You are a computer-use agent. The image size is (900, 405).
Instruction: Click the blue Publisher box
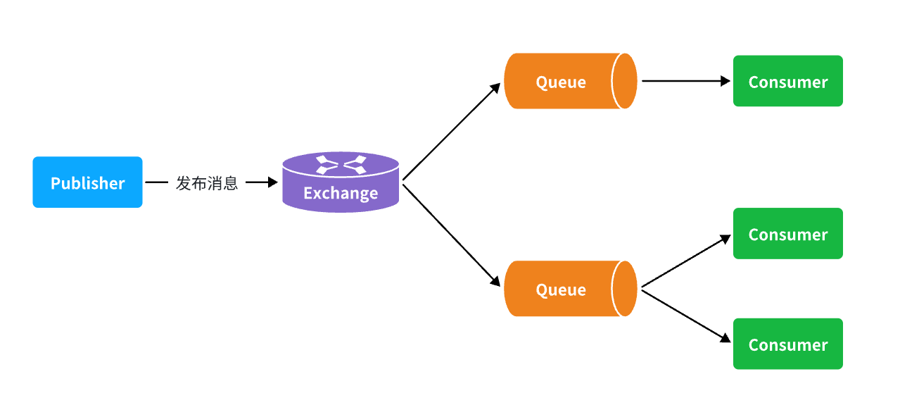click(x=87, y=182)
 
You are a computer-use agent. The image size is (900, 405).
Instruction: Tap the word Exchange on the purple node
click(x=341, y=194)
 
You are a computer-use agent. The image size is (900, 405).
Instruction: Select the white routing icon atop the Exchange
click(x=341, y=165)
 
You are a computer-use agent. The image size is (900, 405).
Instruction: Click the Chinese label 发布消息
click(x=207, y=183)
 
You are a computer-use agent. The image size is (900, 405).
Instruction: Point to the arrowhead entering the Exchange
click(x=273, y=182)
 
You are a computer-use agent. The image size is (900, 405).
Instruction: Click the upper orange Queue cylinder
click(x=571, y=81)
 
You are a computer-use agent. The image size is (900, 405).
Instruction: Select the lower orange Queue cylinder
click(x=571, y=288)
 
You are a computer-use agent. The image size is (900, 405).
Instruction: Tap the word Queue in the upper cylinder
click(x=561, y=82)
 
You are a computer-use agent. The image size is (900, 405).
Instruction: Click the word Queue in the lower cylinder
click(x=561, y=290)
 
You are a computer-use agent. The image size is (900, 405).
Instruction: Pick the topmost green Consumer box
click(x=788, y=81)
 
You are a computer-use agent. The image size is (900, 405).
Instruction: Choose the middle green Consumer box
click(x=788, y=233)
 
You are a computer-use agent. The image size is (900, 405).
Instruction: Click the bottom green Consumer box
click(x=788, y=344)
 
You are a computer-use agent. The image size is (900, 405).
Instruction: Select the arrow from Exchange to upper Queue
click(x=452, y=131)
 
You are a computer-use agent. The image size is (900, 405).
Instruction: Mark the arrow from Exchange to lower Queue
click(x=452, y=236)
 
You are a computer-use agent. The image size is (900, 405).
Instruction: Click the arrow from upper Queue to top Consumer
click(x=686, y=81)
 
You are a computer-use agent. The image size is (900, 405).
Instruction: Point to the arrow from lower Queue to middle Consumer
click(x=686, y=261)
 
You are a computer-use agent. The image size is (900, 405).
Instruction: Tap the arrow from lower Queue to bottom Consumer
click(x=686, y=316)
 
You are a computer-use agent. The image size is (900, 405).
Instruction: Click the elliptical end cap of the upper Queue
click(x=624, y=81)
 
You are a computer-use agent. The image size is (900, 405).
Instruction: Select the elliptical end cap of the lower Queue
click(x=624, y=288)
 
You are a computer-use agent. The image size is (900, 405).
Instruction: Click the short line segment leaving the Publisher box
click(x=156, y=182)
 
